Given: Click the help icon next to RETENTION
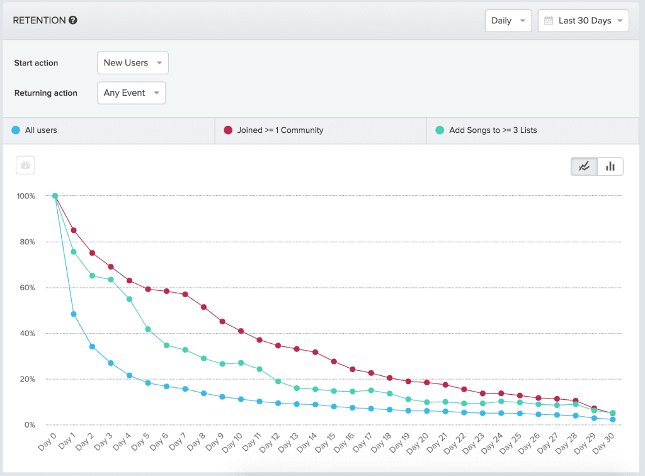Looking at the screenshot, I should [x=73, y=20].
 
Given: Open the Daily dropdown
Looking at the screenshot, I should [x=508, y=21].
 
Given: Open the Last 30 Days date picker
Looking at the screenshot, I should [x=583, y=21].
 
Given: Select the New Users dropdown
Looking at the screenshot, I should [x=133, y=63].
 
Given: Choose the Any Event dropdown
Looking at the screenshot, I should [x=131, y=93].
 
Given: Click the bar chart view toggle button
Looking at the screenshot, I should [x=610, y=166].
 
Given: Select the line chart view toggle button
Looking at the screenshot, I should [x=584, y=166].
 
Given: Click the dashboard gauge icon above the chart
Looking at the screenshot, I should [x=25, y=166].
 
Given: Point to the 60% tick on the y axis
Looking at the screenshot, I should [x=26, y=288].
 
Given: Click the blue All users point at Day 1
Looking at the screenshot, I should [x=74, y=314].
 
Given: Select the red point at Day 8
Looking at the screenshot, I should [x=203, y=307].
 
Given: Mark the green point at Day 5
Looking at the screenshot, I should [x=147, y=329].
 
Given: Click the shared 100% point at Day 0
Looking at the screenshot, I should [x=55, y=196].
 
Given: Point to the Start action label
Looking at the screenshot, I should [x=36, y=63].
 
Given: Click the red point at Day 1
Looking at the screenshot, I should [x=74, y=230].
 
